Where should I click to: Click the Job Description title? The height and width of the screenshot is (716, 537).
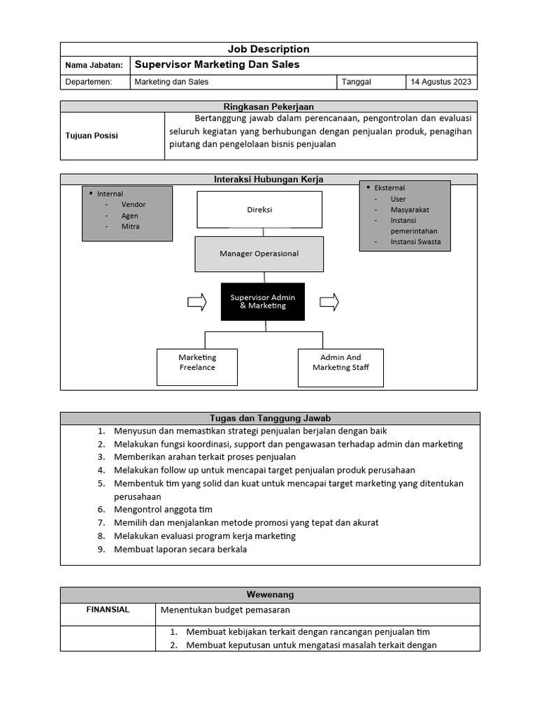[x=268, y=49]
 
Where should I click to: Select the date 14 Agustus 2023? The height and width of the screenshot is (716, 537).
[x=441, y=82]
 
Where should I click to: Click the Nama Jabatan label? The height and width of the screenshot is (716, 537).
[x=94, y=65]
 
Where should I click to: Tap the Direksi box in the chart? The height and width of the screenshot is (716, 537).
[x=259, y=210]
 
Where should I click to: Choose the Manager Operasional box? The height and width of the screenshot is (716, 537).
[x=259, y=254]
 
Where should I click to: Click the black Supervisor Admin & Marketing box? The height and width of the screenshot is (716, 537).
[x=263, y=301]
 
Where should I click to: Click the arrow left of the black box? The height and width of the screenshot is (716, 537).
[x=197, y=302]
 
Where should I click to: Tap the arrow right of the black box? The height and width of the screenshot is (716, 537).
[x=329, y=302]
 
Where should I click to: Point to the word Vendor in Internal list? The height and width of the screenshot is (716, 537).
[x=134, y=205]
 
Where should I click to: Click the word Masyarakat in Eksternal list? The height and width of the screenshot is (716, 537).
[x=410, y=210]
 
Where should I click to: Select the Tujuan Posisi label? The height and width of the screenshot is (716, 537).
[x=92, y=136]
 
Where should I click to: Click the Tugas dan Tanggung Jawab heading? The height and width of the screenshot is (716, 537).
[x=270, y=418]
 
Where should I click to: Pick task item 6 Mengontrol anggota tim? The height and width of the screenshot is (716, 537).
[x=163, y=510]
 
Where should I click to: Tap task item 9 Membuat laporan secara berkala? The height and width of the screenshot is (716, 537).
[x=180, y=549]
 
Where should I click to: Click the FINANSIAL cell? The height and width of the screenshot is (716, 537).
[x=108, y=610]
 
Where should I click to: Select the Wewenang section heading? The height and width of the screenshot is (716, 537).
[x=270, y=594]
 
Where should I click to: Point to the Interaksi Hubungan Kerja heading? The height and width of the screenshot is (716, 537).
[x=268, y=180]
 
